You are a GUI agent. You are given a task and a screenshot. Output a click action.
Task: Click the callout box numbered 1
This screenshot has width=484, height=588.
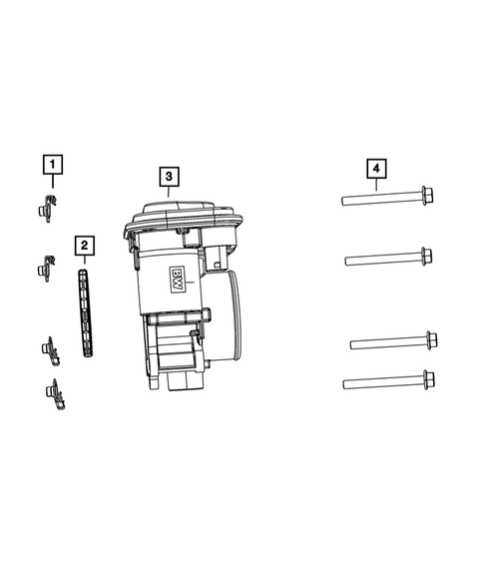click(x=53, y=165)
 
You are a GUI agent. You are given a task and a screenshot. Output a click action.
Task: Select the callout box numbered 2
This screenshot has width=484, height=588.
click(x=85, y=246)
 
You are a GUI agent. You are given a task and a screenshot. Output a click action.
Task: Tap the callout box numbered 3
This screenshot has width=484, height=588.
click(x=169, y=177)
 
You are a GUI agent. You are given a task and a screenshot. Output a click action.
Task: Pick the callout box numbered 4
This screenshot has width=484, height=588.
click(x=376, y=169)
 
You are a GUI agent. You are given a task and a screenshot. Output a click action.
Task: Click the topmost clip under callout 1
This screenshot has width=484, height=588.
click(x=47, y=209)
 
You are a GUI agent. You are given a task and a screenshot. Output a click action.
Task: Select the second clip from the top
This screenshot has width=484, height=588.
click(x=47, y=269)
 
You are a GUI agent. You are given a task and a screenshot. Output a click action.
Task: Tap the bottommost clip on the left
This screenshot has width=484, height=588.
click(x=55, y=394)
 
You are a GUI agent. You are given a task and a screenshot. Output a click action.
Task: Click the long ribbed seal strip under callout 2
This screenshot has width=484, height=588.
click(x=86, y=312)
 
